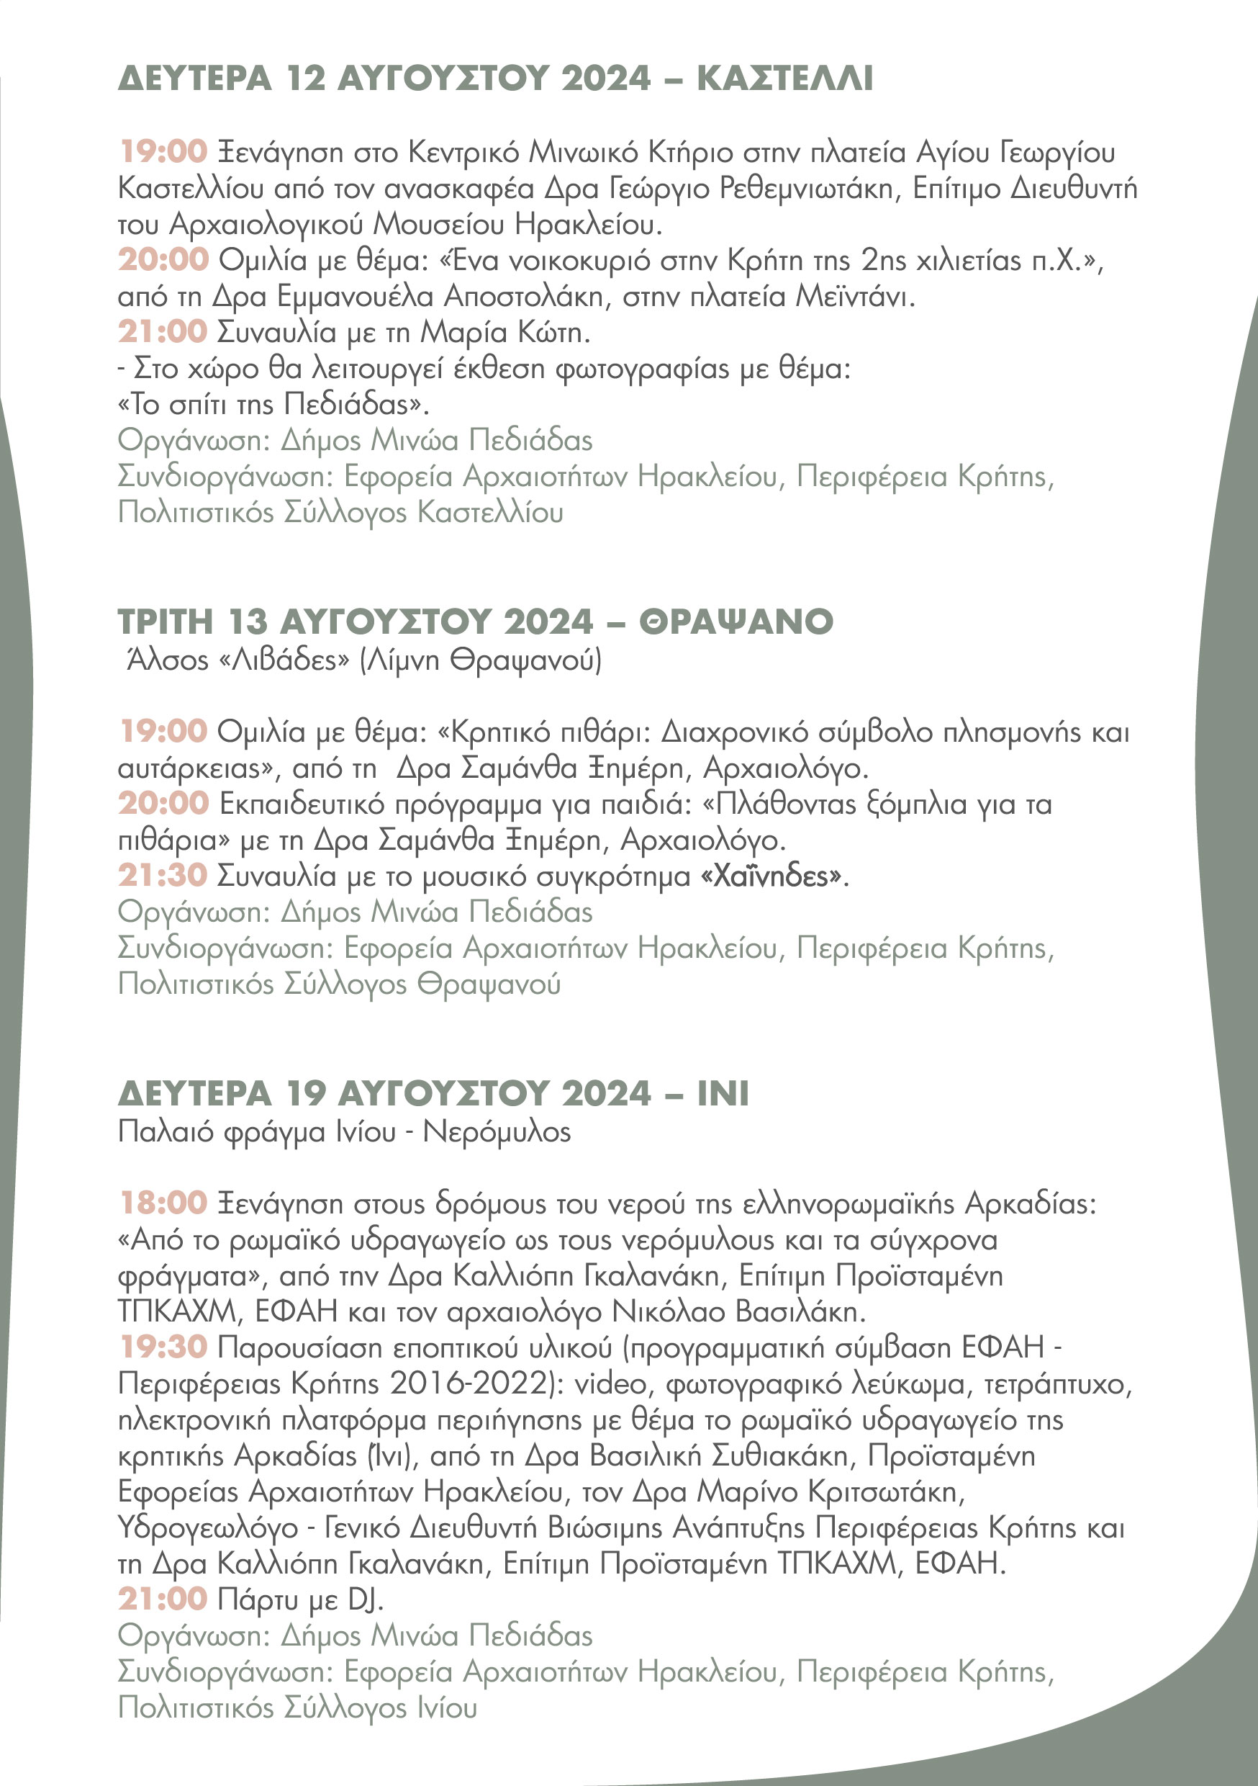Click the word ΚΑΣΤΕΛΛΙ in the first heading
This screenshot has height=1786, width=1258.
coord(784,78)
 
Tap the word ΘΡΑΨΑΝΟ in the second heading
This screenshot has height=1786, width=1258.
coord(736,621)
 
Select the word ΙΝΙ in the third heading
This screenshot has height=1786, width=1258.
coord(723,1094)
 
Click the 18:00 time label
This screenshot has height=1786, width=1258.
coord(163,1203)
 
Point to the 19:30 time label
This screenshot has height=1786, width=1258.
coord(163,1347)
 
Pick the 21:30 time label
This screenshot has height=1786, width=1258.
coord(163,876)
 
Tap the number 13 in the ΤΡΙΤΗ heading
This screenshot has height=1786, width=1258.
coord(248,621)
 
